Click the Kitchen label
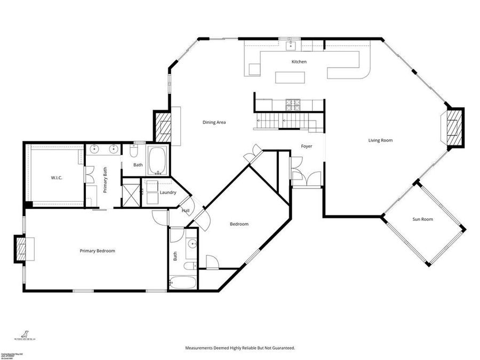click(299, 62)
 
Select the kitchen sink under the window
click(291, 45)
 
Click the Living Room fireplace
click(454, 127)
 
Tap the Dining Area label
click(214, 122)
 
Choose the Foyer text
click(306, 146)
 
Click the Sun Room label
click(422, 219)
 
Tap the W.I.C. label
click(57, 177)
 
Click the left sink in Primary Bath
click(95, 149)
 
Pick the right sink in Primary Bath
click(113, 149)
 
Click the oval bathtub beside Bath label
click(156, 161)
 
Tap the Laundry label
click(167, 192)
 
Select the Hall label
click(185, 211)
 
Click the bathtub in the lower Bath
click(182, 282)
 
